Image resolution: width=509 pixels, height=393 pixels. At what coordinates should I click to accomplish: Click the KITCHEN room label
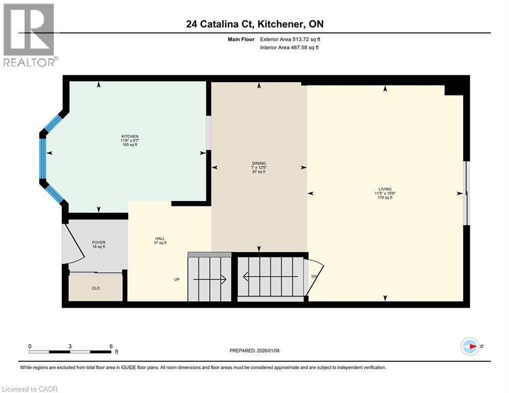coord(129,137)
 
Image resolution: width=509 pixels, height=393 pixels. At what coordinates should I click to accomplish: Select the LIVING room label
coord(385,189)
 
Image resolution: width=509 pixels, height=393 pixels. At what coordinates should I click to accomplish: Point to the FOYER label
coord(98,242)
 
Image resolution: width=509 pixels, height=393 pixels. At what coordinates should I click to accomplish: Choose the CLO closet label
coord(96,288)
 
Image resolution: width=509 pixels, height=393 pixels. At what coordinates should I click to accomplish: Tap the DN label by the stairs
coord(315,277)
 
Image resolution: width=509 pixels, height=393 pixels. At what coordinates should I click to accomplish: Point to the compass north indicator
coord(470,346)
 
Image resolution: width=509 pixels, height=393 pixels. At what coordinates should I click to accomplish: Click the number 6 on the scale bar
coord(111,346)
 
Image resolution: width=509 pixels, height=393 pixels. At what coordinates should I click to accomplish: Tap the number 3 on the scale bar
coord(70,346)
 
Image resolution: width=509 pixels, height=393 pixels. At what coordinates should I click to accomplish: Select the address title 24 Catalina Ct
coord(254,24)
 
